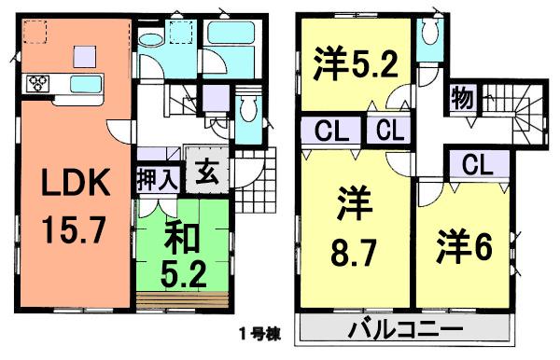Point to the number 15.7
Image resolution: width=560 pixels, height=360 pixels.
coord(63,225)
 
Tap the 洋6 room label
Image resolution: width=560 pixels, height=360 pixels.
coord(462,248)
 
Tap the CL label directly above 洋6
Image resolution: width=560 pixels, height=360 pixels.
coord(476,166)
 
